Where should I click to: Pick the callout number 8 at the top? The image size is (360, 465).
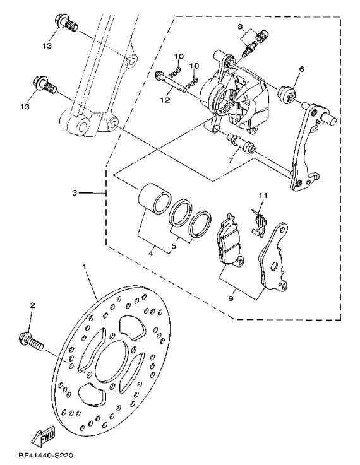pyautogui.click(x=241, y=26)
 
